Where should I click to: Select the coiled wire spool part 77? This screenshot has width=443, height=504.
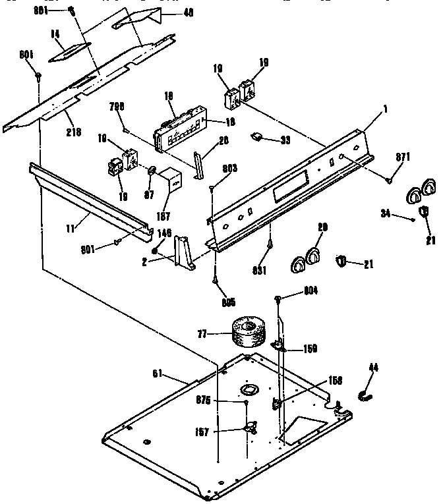(x=247, y=332)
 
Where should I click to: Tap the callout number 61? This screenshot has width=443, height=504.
(x=158, y=374)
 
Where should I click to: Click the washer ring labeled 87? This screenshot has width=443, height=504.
(x=152, y=173)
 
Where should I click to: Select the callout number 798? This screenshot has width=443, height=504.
(x=117, y=107)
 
